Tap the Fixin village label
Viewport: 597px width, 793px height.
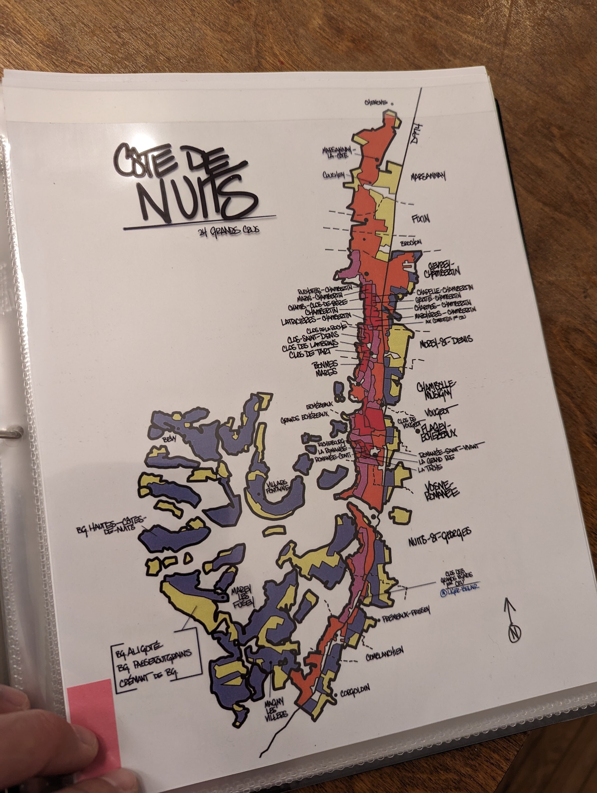(421, 219)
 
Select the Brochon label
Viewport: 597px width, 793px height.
(411, 243)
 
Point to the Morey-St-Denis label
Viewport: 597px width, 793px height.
(446, 342)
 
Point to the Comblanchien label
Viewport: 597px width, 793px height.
(385, 654)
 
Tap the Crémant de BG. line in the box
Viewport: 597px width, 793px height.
(149, 678)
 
